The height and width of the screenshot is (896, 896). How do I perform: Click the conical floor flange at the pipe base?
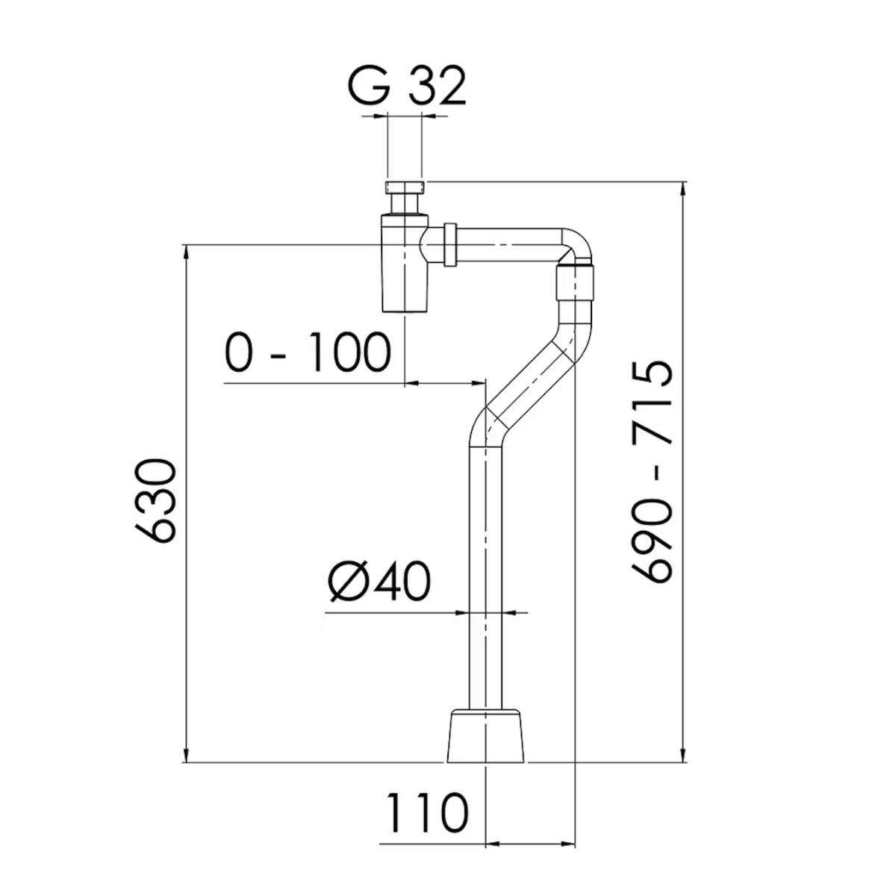point(487,737)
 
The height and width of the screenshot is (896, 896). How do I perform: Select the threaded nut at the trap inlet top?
point(405,187)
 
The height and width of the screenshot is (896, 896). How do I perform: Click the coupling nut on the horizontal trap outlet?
point(450,244)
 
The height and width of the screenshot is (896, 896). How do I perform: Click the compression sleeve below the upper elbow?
point(576,284)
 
